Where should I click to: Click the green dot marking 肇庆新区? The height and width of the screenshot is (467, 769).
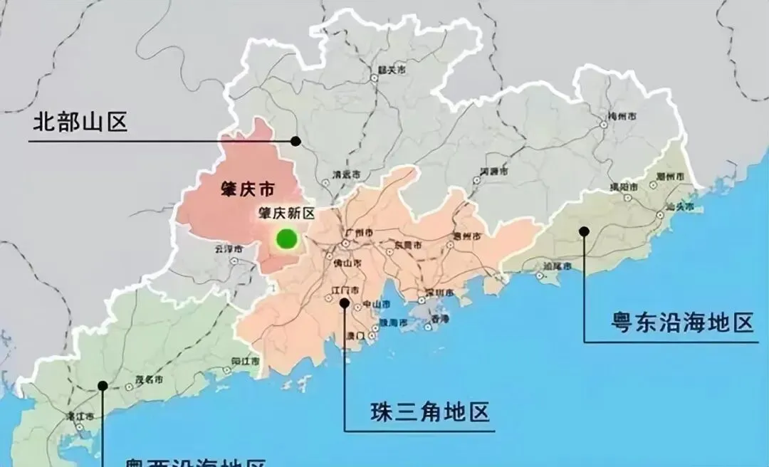(286, 238)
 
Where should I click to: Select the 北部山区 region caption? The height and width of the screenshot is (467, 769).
(80, 123)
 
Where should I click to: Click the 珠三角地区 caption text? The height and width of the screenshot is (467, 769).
(431, 412)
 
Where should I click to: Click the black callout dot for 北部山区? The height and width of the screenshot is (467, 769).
(295, 141)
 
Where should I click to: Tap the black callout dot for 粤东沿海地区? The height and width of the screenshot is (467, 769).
(584, 231)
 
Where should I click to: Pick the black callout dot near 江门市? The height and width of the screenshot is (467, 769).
(345, 303)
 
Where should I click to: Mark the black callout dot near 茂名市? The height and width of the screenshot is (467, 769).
(103, 385)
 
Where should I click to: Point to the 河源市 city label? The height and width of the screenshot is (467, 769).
(494, 172)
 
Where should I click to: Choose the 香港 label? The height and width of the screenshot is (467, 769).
(440, 320)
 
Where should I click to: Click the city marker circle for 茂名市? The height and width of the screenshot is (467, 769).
(129, 387)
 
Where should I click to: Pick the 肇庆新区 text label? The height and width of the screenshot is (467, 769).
(286, 214)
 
